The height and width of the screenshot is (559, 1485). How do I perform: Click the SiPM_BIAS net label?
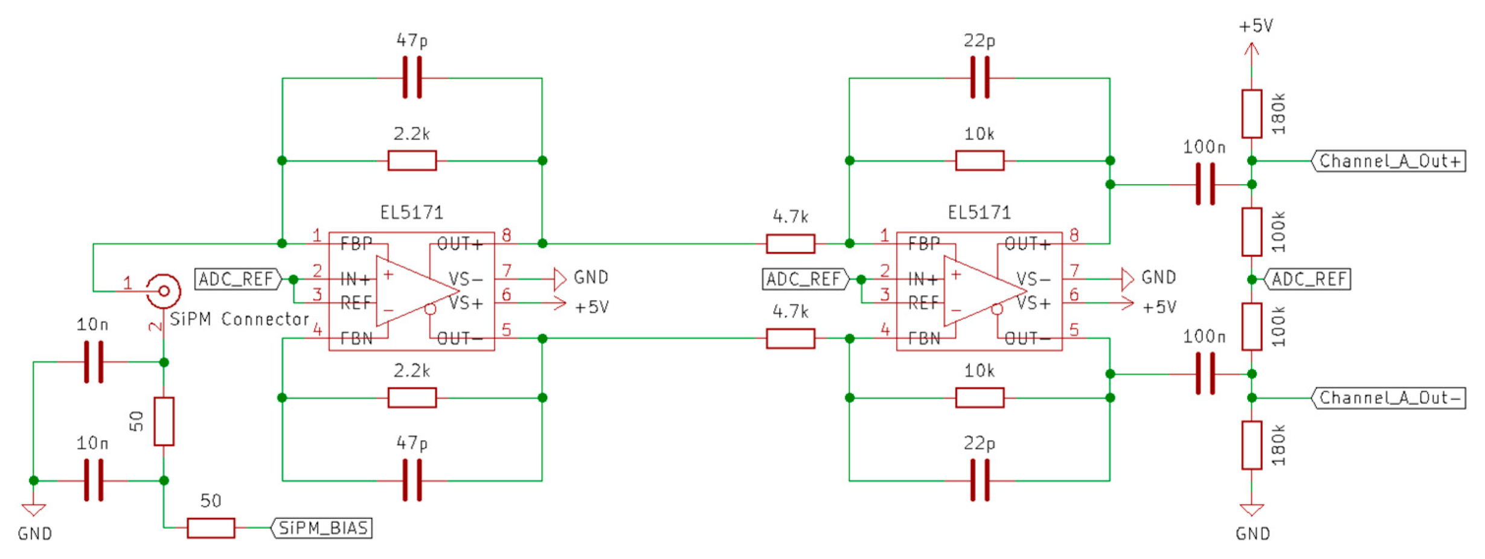tap(322, 528)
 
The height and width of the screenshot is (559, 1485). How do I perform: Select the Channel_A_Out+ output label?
tap(1389, 161)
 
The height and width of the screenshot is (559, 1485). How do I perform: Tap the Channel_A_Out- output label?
tap(1389, 398)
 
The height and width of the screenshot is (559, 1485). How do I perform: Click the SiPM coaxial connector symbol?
tap(164, 291)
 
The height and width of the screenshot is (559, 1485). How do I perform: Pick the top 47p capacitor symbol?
tap(412, 78)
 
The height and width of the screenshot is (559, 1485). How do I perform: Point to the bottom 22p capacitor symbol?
tap(980, 481)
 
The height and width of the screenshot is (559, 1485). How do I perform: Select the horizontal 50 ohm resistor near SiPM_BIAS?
tap(211, 528)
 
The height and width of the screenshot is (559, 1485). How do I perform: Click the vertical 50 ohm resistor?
tap(164, 421)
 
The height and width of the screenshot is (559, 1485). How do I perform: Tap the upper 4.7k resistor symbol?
tap(791, 244)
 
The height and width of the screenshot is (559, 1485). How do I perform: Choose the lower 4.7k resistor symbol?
tap(791, 339)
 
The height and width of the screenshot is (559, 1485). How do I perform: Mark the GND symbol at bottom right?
tap(1252, 510)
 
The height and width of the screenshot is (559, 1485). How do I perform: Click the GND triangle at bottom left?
tap(34, 510)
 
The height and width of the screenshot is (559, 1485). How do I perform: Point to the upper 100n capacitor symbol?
tap(1205, 185)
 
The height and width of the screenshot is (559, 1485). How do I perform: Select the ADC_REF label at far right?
tap(1308, 279)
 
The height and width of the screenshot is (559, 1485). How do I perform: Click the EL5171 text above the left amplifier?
tap(412, 212)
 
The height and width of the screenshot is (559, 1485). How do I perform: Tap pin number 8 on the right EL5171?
tap(1074, 235)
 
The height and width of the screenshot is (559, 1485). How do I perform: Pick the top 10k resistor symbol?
tap(980, 161)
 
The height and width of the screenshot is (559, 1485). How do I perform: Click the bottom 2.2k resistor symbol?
tap(412, 398)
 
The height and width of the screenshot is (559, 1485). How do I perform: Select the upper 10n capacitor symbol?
tap(94, 362)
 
